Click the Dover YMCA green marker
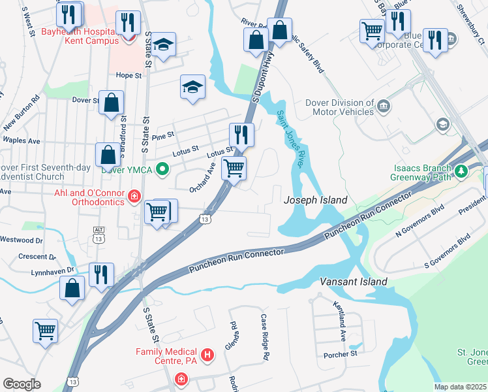point(164,173)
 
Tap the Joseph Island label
point(315,201)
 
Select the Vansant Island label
point(354,282)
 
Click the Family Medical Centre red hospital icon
point(207,355)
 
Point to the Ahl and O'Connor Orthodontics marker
point(134,195)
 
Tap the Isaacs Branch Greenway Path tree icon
point(462,171)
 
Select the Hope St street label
point(129,76)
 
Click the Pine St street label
point(163,136)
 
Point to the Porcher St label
point(341,353)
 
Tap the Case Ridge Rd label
point(265,338)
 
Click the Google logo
point(22,384)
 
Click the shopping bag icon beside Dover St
point(112,103)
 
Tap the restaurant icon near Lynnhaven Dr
point(102,274)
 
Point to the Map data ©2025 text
point(460,387)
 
